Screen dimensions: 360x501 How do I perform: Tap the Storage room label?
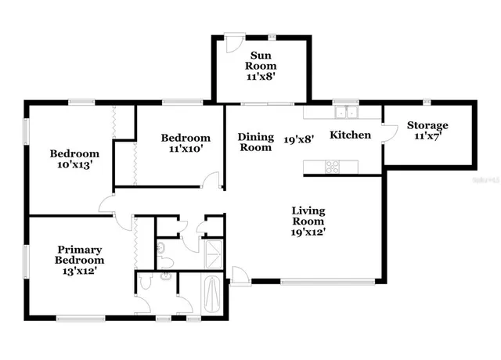[427, 125]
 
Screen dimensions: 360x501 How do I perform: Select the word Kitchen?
[350, 135]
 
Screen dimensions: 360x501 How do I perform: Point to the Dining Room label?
[255, 142]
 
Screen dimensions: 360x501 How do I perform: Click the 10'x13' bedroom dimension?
[74, 165]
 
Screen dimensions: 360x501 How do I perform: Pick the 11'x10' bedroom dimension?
[186, 150]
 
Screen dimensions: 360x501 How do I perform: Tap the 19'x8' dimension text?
[298, 139]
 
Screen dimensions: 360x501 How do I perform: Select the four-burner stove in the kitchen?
[332, 165]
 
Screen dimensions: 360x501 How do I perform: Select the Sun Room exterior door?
[231, 42]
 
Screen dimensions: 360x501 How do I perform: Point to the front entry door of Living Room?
[240, 276]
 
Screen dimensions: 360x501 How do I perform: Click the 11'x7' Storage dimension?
[427, 138]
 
